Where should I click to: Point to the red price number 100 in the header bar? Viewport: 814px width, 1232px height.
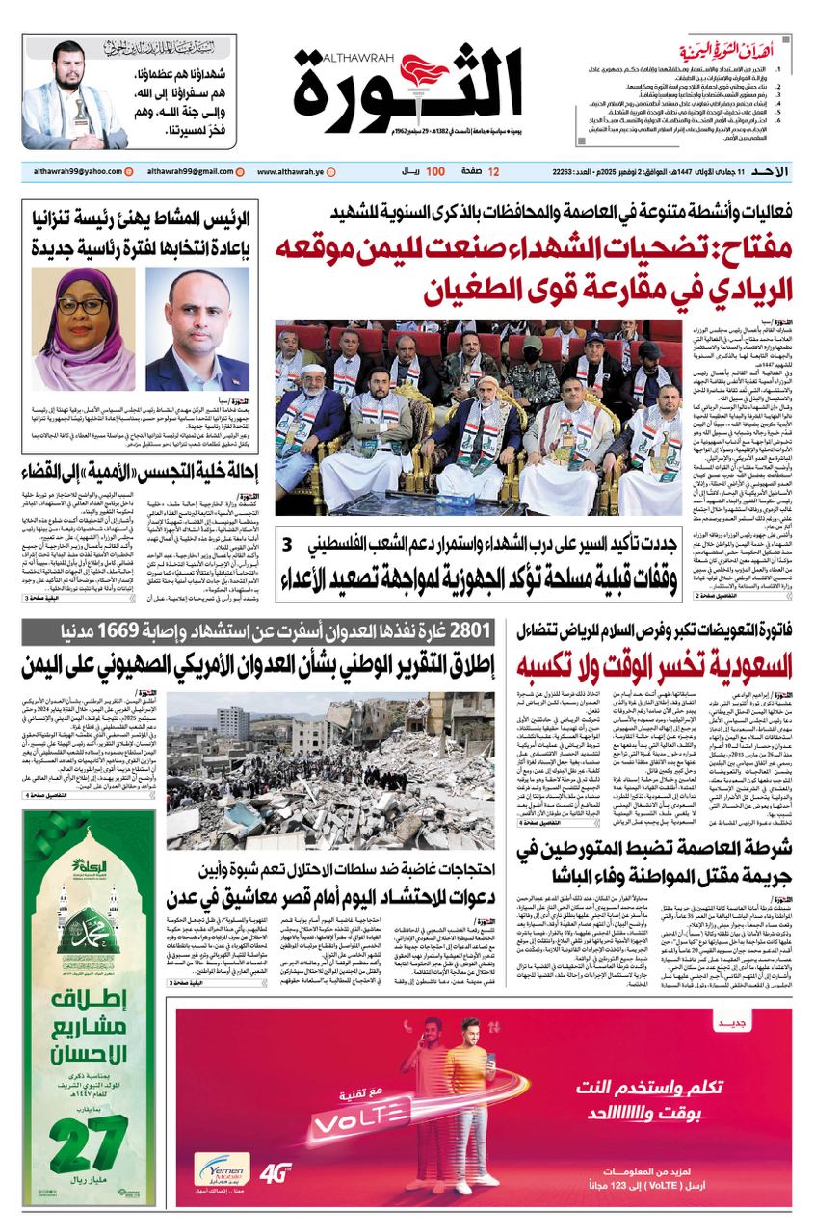pos(435,171)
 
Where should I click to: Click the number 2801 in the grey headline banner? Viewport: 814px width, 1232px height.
pos(469,631)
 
